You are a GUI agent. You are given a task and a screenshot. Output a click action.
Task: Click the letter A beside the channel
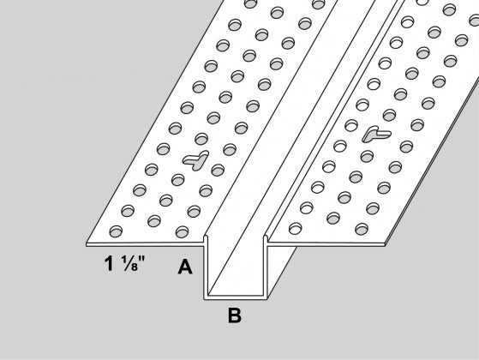pos(183,267)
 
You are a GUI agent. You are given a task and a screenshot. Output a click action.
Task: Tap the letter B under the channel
pos(234,315)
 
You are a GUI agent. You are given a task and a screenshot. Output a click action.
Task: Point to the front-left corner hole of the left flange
pos(115,230)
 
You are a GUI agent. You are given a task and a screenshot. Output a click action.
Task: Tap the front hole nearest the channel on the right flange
pos(296,230)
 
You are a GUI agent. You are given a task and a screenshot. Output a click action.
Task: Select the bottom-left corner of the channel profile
pos(203,298)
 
